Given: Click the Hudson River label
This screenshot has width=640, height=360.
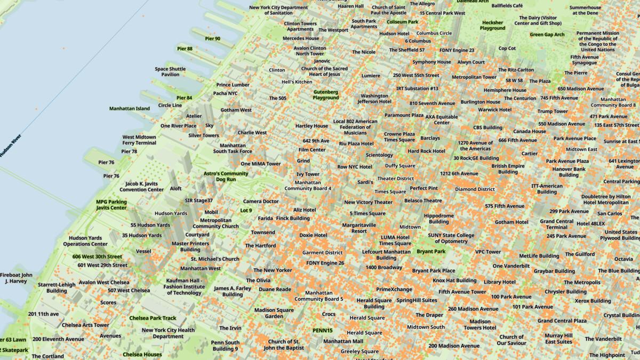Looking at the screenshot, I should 11,145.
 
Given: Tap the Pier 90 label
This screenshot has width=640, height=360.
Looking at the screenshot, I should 212,38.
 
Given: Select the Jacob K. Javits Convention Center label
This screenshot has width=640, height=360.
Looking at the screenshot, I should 141,186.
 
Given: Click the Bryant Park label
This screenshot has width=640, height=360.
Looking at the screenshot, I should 431,251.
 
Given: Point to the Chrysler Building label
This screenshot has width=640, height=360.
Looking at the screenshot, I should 565,292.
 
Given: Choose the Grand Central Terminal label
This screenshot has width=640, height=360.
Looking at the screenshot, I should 556,225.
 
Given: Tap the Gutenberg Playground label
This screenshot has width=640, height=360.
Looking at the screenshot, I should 325,94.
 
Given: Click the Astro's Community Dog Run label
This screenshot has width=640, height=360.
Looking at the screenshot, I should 226,177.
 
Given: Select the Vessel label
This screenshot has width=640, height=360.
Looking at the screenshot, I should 143,251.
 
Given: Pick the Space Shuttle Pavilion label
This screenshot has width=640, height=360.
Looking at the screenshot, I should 170,71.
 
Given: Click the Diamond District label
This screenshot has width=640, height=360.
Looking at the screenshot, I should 475,189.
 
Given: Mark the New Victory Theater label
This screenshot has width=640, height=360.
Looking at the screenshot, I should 368,202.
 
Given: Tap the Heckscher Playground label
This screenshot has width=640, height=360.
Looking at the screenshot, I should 492,25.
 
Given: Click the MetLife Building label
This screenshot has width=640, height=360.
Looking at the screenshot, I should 539,255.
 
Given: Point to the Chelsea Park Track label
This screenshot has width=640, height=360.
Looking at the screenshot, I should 153,318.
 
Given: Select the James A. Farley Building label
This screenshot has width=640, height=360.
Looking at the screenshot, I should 233,291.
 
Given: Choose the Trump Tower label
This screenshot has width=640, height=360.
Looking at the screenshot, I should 553,111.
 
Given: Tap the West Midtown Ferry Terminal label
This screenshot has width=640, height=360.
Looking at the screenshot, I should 139,140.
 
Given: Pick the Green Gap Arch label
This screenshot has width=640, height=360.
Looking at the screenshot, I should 547,35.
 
